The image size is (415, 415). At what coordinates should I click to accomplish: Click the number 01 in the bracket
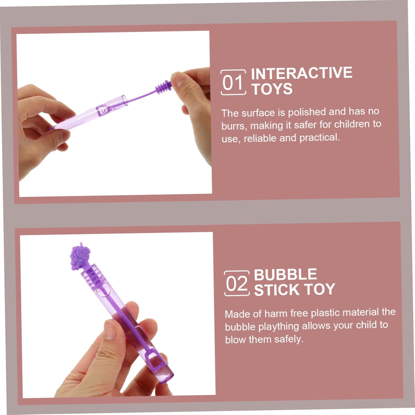click(x=233, y=83)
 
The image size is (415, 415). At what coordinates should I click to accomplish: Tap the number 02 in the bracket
click(x=237, y=284)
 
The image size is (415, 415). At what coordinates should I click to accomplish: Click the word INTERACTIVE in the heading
click(x=302, y=73)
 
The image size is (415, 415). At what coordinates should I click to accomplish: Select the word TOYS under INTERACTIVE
click(x=272, y=89)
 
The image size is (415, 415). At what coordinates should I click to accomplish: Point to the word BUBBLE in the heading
click(x=285, y=274)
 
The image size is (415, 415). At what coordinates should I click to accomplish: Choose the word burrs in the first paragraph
click(x=234, y=126)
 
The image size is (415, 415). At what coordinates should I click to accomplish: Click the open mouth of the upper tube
click(x=125, y=100)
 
